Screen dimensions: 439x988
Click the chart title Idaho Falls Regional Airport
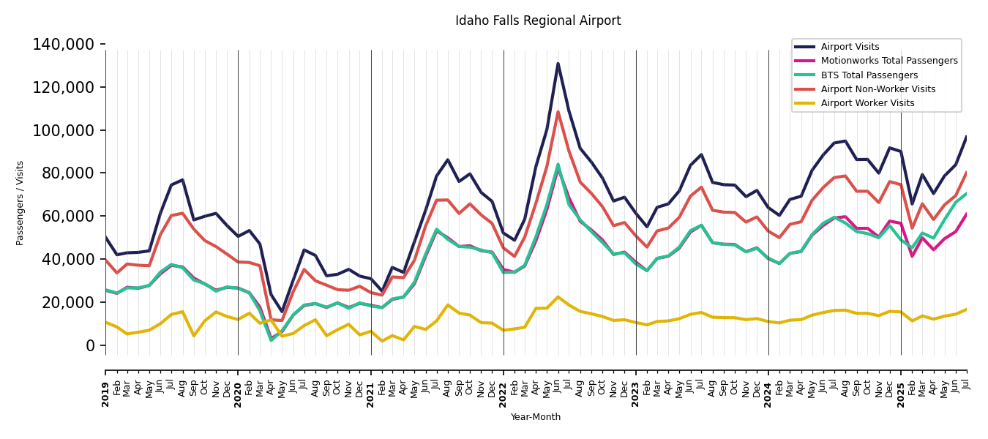click(x=538, y=21)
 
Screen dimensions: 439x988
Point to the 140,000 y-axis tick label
click(x=64, y=45)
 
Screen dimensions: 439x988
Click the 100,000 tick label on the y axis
click(x=64, y=131)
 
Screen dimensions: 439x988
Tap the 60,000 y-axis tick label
click(x=68, y=217)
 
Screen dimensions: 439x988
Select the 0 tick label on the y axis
click(x=91, y=346)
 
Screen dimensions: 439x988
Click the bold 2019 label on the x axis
click(x=105, y=395)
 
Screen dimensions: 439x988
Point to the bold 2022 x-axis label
click(x=504, y=395)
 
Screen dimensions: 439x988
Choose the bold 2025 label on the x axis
click(x=901, y=395)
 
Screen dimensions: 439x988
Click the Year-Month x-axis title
click(x=536, y=417)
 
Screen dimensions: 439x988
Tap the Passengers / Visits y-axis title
click(x=20, y=203)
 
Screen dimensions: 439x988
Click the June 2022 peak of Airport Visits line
click(x=558, y=64)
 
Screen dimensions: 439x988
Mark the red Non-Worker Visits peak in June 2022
click(x=558, y=112)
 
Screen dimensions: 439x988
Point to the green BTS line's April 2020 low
click(x=271, y=340)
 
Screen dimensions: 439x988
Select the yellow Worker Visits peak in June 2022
click(x=558, y=297)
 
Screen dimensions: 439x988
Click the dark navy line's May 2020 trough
click(x=282, y=312)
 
